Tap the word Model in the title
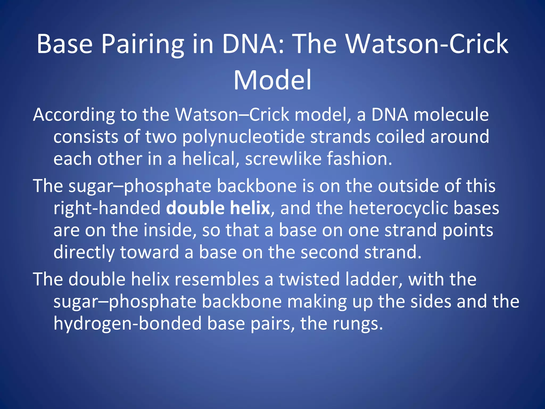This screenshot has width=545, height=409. (272, 80)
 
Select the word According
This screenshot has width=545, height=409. (74, 115)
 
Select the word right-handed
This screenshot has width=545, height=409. (107, 208)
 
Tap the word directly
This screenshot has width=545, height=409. (84, 252)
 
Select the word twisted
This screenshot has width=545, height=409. (309, 279)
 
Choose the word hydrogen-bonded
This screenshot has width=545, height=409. (127, 324)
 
